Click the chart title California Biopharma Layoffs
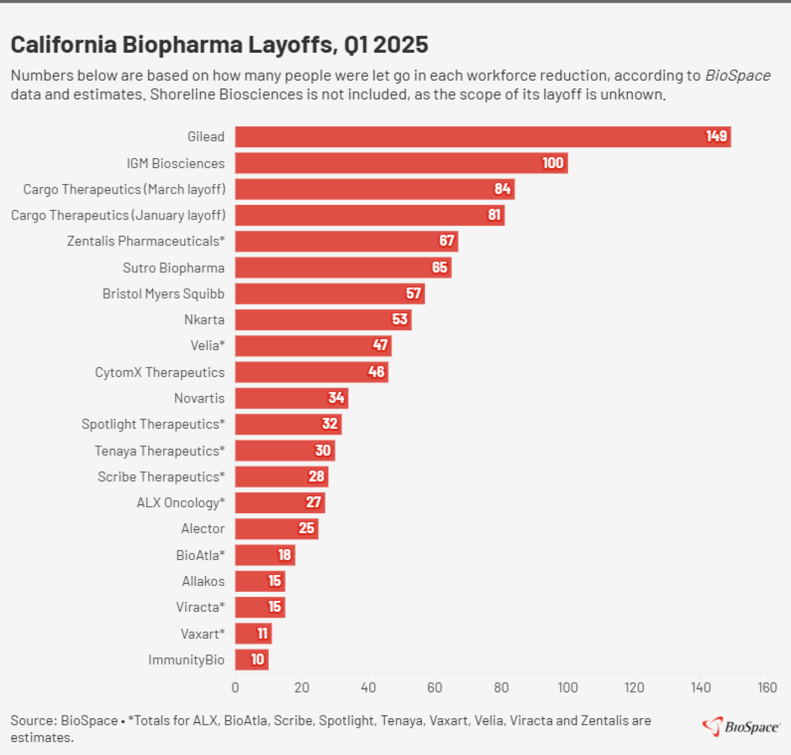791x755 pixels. [219, 45]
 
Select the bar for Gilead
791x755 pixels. [482, 137]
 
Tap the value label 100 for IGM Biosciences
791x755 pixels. [553, 163]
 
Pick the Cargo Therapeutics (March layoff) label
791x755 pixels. [124, 189]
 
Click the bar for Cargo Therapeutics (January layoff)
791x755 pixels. [369, 215]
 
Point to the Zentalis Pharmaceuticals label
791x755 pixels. [146, 241]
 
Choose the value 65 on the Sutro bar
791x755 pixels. [439, 267]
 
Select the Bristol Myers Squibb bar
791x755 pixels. [330, 294]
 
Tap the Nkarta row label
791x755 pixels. [204, 320]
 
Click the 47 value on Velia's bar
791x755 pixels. [380, 345]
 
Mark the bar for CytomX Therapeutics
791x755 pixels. [311, 372]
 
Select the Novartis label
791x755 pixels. [199, 398]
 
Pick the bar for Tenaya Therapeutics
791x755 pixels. [285, 451]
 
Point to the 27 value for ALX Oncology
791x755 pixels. [313, 502]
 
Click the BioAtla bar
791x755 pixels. [265, 555]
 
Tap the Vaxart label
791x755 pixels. [203, 634]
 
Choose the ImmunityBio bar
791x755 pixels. [252, 659]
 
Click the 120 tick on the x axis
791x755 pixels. [634, 687]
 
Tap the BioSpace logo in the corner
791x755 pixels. [741, 726]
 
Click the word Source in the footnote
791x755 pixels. [33, 720]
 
